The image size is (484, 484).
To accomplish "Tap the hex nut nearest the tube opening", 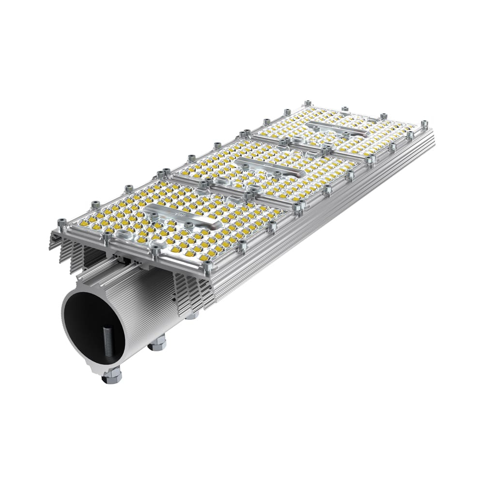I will [112, 376].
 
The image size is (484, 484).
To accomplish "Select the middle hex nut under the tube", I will [157, 344].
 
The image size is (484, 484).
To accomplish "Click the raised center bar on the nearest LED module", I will [179, 215].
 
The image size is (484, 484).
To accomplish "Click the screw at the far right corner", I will [424, 124].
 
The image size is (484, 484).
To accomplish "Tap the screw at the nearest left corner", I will [61, 223].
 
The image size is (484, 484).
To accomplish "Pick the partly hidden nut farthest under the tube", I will [192, 316].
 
